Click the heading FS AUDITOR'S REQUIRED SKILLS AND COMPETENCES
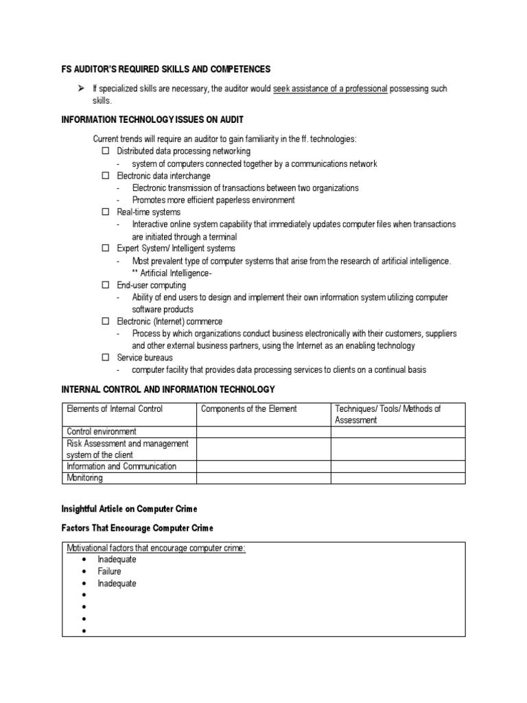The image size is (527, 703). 167,69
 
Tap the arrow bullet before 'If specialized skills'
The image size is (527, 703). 80,89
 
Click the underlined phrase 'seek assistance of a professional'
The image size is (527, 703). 330,89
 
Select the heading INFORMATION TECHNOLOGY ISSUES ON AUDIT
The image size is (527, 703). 153,120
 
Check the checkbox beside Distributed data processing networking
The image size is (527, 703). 106,151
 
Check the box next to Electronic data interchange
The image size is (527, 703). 106,176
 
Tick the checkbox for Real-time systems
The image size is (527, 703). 106,212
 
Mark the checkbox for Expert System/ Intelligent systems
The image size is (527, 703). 106,249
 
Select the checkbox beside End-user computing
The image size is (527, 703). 106,285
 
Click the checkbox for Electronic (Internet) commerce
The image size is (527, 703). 106,321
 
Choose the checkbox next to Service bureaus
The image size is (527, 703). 106,358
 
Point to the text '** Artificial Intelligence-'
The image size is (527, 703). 176,273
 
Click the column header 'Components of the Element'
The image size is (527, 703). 248,409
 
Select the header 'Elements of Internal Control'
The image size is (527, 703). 115,409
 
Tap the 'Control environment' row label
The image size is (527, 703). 101,432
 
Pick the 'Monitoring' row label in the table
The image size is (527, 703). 84,478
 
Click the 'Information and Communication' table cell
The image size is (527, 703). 121,466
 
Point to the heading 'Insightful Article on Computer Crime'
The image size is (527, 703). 129,509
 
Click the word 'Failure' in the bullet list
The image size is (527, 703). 109,571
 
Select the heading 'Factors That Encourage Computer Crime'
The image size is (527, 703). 137,528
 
